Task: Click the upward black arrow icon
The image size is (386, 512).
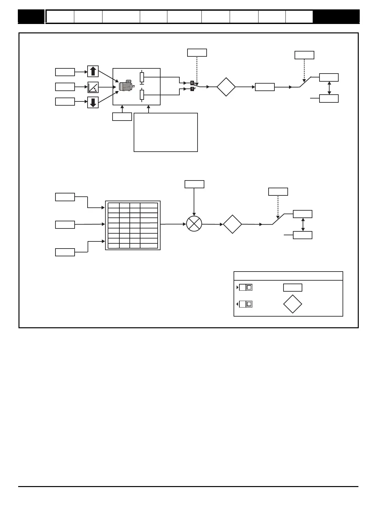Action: tap(93, 71)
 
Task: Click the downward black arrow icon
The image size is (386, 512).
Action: tap(93, 102)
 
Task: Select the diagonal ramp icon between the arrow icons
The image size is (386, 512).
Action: tap(93, 87)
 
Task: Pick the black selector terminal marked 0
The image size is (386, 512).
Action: tap(192, 83)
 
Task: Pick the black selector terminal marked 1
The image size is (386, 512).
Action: tap(192, 89)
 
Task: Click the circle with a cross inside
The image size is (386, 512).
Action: tap(194, 224)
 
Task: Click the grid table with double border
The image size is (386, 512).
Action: tap(133, 226)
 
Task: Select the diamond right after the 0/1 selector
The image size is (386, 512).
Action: tap(226, 87)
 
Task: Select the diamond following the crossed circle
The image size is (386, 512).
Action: tap(233, 224)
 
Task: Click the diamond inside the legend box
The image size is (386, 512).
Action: tap(293, 304)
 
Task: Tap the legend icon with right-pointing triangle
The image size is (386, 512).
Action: tap(245, 287)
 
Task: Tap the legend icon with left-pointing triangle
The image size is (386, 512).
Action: tap(245, 304)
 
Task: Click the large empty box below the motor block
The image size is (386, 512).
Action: tap(166, 132)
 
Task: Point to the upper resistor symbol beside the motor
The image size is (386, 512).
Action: tap(142, 77)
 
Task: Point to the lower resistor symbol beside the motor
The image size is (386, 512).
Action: tap(142, 95)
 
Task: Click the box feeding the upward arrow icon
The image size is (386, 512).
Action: tap(65, 72)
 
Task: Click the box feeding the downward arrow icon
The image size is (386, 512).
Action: tap(65, 101)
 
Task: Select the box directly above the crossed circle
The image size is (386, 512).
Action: tap(194, 184)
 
